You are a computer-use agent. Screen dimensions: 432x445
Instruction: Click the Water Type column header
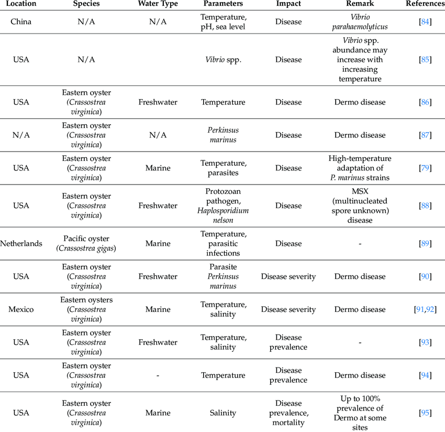[x=158, y=4]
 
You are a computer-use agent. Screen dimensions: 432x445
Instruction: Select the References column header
[x=425, y=4]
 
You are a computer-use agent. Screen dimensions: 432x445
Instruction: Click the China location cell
[x=21, y=21]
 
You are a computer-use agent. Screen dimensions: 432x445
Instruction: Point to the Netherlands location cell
[x=21, y=243]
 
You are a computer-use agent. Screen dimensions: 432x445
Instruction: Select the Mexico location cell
[x=21, y=309]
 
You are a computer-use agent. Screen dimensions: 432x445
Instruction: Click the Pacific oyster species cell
[x=86, y=243]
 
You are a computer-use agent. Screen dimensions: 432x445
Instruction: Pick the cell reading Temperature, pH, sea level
[x=223, y=21]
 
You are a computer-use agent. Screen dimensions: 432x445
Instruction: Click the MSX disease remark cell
[x=360, y=206]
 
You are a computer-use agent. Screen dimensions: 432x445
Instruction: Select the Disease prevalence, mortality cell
[x=288, y=413]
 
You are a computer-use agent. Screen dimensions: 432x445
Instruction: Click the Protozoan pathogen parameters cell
[x=223, y=206]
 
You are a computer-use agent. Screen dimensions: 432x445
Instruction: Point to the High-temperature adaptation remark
[x=360, y=168]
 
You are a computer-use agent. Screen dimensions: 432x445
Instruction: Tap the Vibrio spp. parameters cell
[x=223, y=59]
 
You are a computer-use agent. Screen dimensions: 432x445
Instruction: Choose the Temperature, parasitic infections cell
[x=223, y=243]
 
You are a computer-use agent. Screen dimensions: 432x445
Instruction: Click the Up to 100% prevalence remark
[x=360, y=413]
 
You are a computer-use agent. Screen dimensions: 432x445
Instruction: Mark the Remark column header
[x=360, y=4]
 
